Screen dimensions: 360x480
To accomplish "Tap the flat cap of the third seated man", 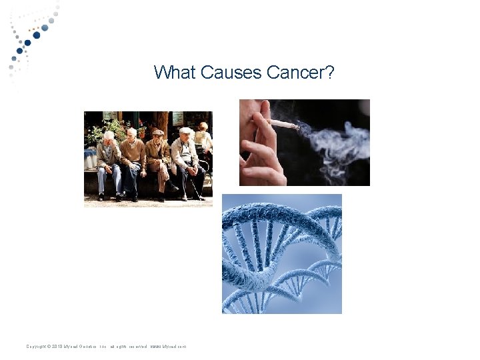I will point(157,132).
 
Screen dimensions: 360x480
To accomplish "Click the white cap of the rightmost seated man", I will point(186,131).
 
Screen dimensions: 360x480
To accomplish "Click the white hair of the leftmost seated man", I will point(109,135).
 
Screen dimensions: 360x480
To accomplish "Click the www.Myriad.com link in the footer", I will point(169,347).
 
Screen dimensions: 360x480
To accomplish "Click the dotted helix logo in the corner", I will point(30,37).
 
